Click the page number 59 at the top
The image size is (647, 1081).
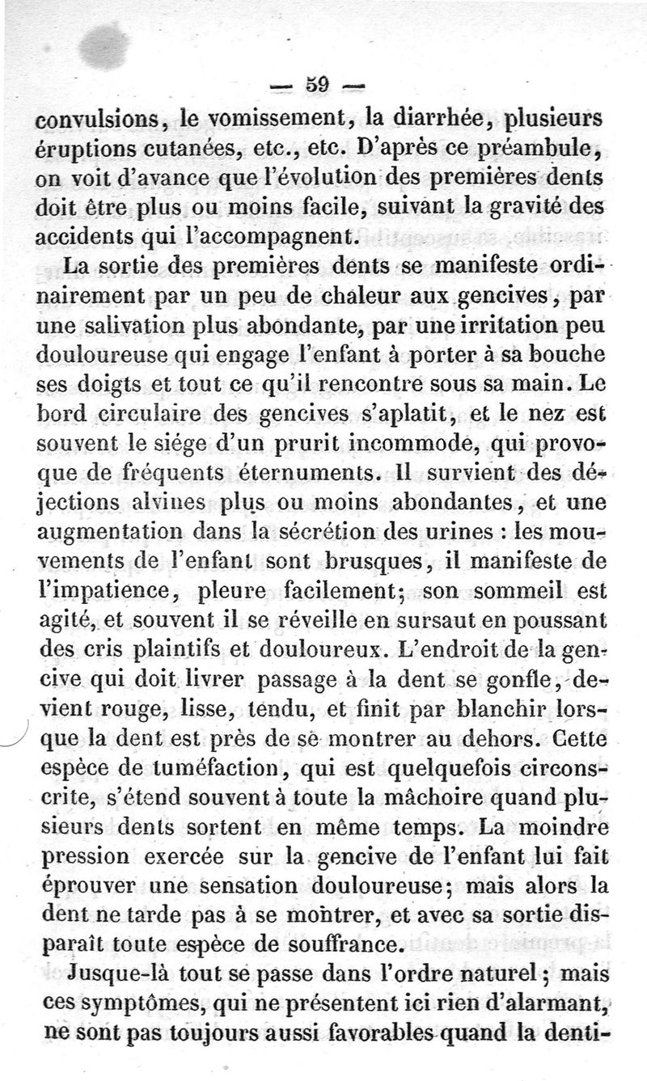tap(315, 84)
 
